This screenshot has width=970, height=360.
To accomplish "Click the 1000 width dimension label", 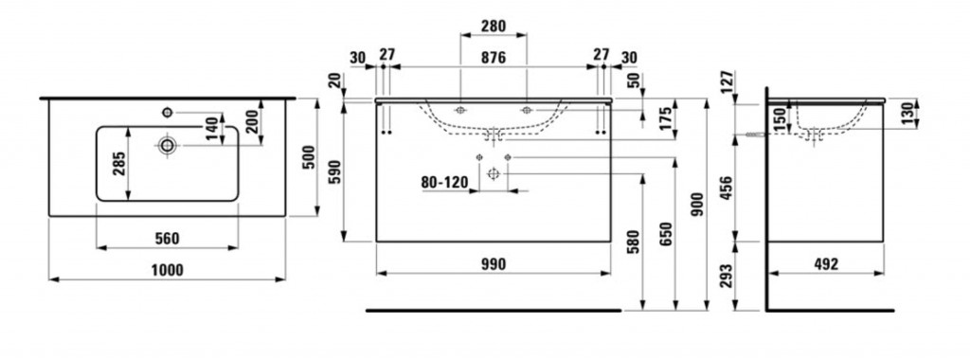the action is (x=167, y=270).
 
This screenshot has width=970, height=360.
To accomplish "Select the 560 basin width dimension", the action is (x=167, y=238).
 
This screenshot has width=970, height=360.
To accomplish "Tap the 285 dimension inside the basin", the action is (x=118, y=164).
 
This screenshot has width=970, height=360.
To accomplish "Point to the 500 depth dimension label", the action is (x=311, y=156).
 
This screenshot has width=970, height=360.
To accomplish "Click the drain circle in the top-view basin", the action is (x=167, y=145).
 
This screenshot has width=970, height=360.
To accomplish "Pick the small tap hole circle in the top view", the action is (x=167, y=112).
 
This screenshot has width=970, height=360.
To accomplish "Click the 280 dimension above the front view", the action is (x=494, y=26).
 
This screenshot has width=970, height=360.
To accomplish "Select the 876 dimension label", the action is (x=494, y=58).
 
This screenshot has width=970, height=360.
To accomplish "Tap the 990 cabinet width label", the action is (x=494, y=264).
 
